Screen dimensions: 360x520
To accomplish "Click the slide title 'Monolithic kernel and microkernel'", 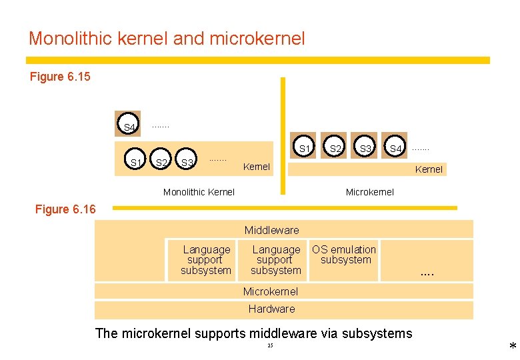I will point(167,38).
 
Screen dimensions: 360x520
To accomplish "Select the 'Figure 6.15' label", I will point(60,77).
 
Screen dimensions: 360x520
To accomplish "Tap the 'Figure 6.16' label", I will point(65,209).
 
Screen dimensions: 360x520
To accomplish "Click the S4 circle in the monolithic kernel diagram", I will point(129,126).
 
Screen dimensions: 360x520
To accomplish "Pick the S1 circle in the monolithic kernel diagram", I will point(135,162).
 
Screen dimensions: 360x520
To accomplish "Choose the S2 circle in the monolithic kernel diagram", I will point(161,162).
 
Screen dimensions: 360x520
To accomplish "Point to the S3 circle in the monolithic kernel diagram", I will point(187,162).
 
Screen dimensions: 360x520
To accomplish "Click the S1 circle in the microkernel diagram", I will point(305,148).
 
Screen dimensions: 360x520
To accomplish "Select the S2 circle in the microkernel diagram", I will point(336,148).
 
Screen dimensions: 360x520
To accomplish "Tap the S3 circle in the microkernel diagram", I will point(365,148).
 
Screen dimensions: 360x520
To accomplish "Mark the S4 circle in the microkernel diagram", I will point(395,148).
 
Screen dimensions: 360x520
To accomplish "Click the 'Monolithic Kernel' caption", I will point(199,192).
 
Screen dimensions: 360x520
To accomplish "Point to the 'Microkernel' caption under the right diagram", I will point(369,192).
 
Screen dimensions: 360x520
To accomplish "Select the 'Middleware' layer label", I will point(271,231).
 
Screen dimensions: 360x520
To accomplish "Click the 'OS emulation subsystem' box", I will point(345,255).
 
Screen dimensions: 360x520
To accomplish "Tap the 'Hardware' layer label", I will point(271,309).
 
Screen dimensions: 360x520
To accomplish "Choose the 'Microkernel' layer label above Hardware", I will point(271,291).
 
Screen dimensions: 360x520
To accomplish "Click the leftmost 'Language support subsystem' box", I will point(206,260).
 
